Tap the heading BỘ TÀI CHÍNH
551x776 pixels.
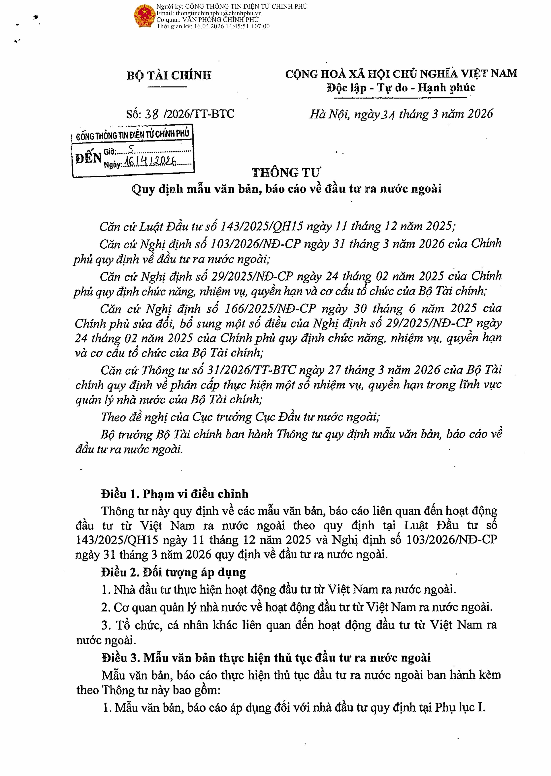169,75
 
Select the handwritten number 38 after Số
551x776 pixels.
151,114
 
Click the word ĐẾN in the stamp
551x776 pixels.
88,158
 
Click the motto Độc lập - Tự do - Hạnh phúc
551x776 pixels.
401,88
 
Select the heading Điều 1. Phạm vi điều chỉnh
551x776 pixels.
174,494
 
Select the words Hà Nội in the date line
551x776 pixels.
329,114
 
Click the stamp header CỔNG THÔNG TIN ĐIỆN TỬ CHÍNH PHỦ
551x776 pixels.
132,135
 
